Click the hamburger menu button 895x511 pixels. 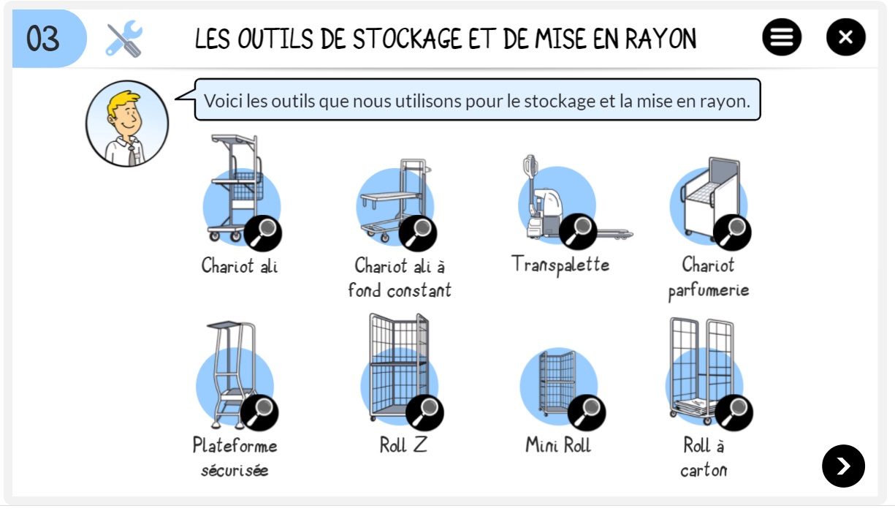point(782,37)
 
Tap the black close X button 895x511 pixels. point(846,37)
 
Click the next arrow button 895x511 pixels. point(843,466)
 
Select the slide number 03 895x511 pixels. point(43,39)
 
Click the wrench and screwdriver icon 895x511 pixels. point(124,39)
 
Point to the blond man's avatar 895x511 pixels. point(127,124)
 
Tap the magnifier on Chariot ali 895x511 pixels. point(263,233)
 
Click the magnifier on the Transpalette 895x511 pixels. point(578,232)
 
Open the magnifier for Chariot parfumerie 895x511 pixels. point(732,232)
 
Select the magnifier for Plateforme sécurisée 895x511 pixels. point(259,412)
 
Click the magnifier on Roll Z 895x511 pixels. point(424,412)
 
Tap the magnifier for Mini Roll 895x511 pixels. point(587,412)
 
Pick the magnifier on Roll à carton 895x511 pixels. point(734,412)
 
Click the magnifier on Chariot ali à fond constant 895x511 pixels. point(417,233)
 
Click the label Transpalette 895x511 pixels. point(560,265)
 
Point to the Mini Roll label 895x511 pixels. point(558,444)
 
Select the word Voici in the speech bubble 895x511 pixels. point(223,101)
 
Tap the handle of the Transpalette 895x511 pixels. point(530,167)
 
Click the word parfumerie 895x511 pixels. point(709,291)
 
